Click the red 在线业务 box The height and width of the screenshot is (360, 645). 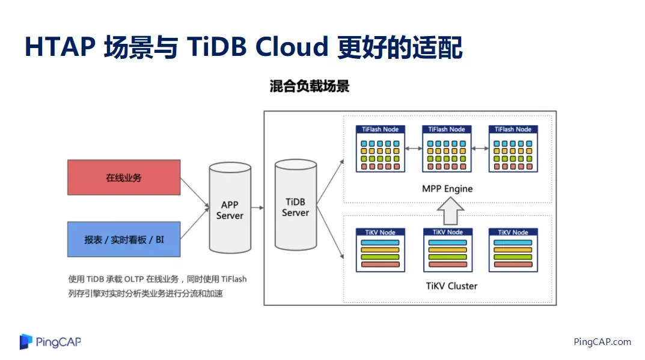click(x=124, y=177)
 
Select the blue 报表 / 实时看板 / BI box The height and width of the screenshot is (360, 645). click(x=124, y=239)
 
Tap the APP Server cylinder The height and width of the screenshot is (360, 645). click(x=230, y=208)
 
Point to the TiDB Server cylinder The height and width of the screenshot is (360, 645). click(x=296, y=205)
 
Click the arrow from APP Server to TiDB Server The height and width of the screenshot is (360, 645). click(x=257, y=208)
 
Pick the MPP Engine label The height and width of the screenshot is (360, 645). click(x=447, y=189)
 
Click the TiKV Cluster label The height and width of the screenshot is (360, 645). click(x=451, y=286)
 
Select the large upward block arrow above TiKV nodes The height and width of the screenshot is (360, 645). click(x=450, y=211)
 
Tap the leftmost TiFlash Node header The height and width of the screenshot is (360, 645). click(x=381, y=129)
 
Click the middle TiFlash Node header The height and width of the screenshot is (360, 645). click(x=447, y=129)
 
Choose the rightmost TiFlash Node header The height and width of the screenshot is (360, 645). click(x=513, y=129)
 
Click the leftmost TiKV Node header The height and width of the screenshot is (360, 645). click(x=381, y=233)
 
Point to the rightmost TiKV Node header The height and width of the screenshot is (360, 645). click(x=513, y=233)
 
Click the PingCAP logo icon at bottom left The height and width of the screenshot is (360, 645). click(x=26, y=341)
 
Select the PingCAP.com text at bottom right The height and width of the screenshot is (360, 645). click(x=602, y=342)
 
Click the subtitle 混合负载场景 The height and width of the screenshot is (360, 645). click(x=310, y=87)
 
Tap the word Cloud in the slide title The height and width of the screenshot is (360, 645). click(x=292, y=46)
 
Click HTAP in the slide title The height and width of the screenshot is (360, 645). click(x=60, y=46)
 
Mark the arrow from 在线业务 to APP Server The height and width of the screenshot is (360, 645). click(x=195, y=192)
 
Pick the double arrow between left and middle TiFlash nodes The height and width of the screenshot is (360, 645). click(x=414, y=148)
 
